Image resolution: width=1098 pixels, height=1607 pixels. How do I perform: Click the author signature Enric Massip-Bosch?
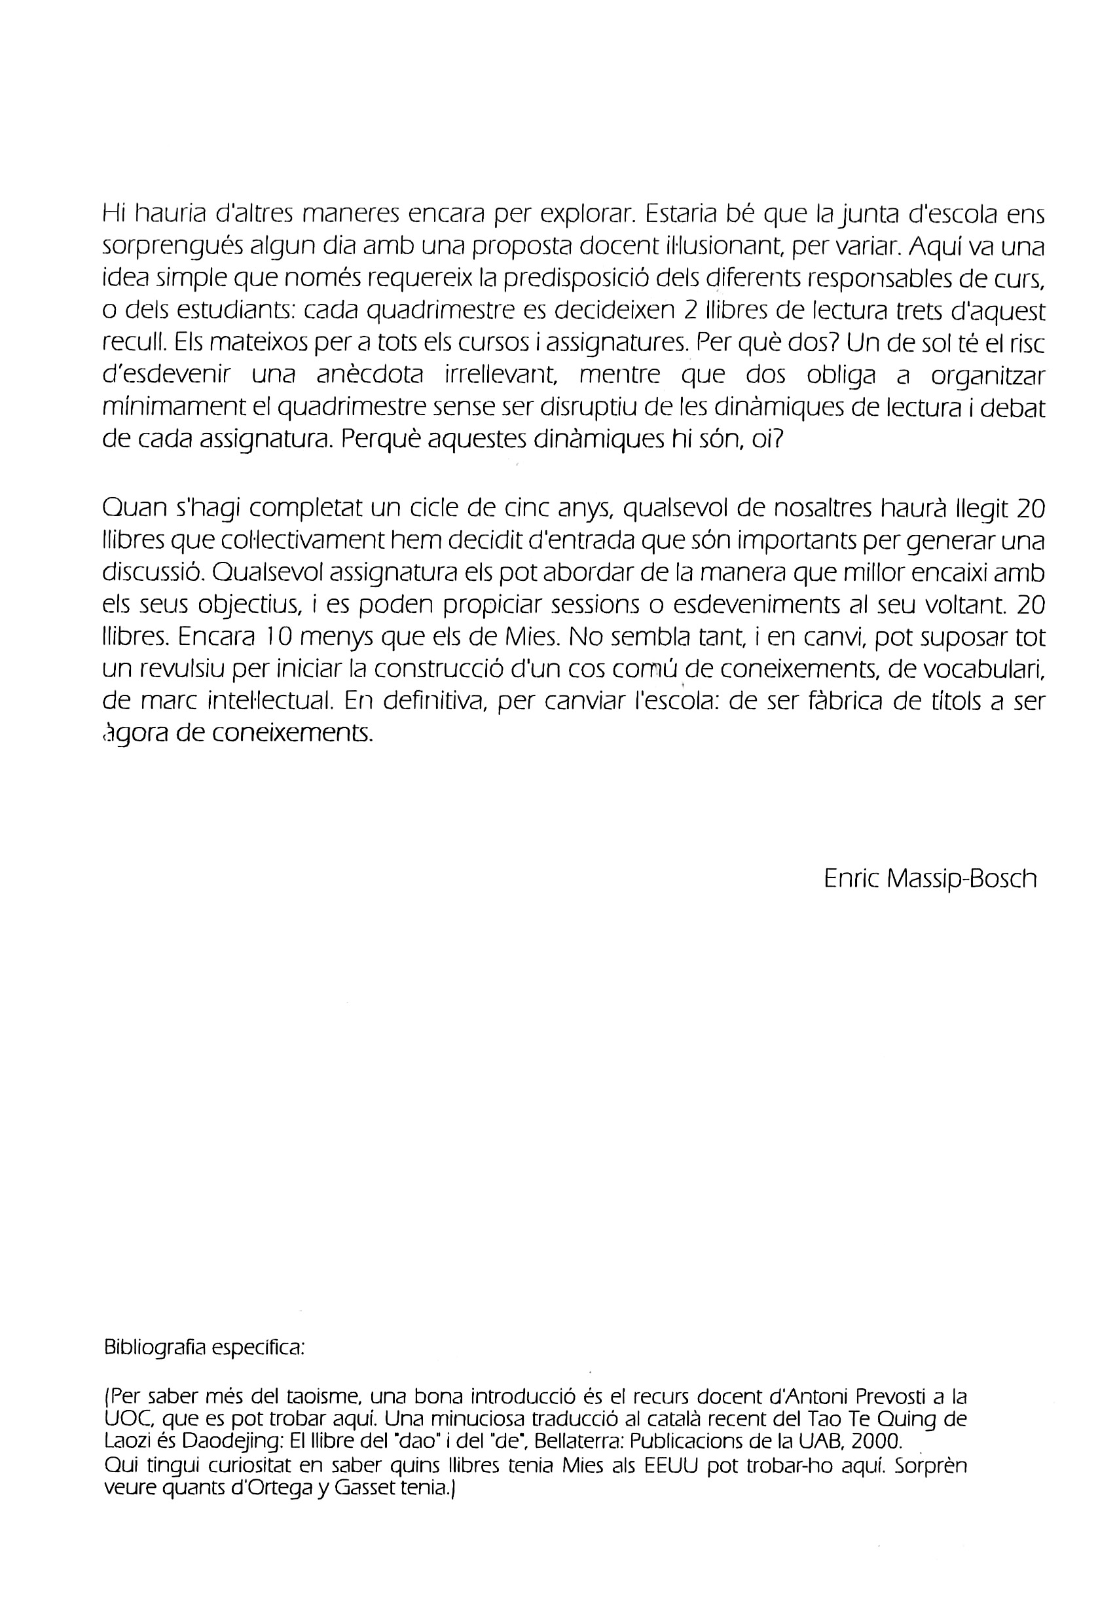tap(930, 879)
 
